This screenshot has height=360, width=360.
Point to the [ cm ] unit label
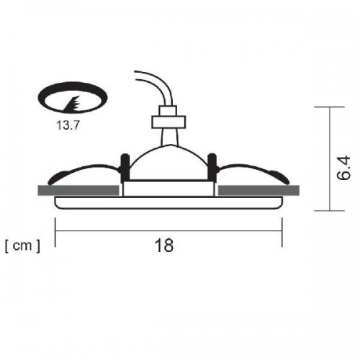point(22,246)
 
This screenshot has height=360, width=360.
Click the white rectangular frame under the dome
point(169,189)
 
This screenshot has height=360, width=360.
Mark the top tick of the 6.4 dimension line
point(329,107)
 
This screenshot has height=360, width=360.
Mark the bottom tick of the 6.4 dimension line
point(329,211)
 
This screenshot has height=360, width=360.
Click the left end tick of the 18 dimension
point(56,230)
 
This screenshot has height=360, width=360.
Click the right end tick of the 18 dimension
point(279,230)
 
